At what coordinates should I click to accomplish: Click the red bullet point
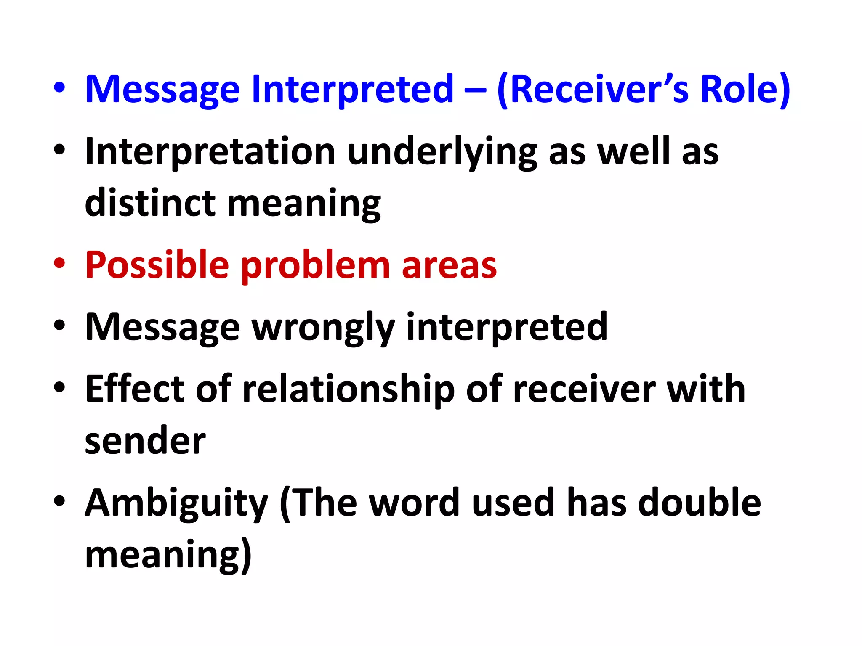(x=59, y=264)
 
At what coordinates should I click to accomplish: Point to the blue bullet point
(x=59, y=89)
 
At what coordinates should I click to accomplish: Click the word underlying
(x=442, y=152)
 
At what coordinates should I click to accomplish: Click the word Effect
(x=135, y=389)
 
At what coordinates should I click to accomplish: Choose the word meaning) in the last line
(x=168, y=556)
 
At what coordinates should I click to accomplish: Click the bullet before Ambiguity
(x=59, y=501)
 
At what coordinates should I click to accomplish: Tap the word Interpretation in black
(x=210, y=152)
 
